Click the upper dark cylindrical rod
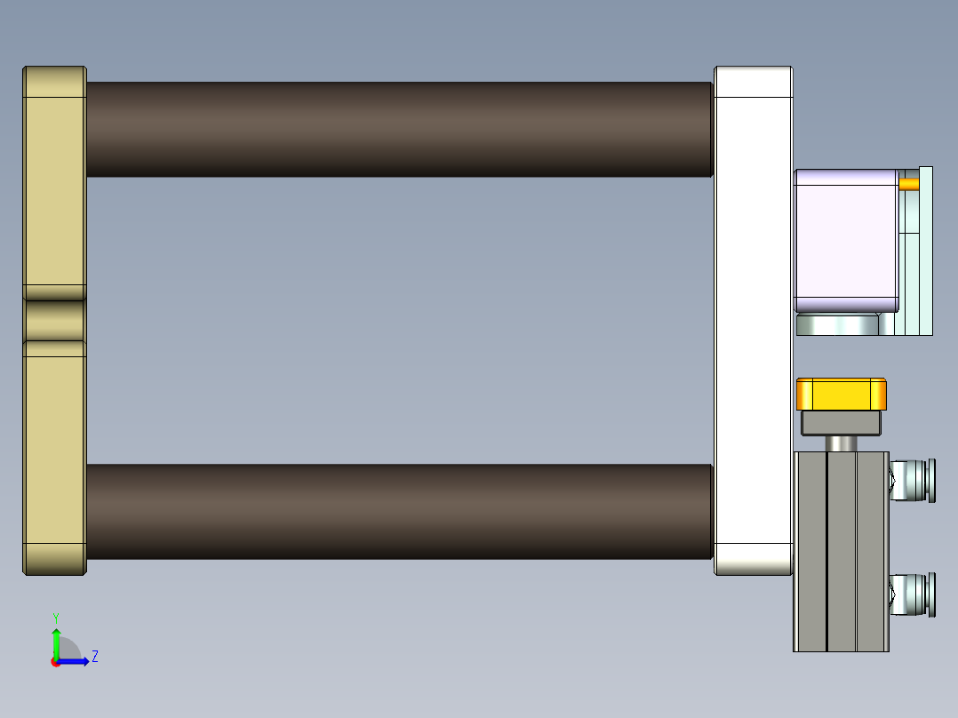coord(400,129)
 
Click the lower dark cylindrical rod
coord(400,511)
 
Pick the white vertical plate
coord(753,320)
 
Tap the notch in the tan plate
coord(54,321)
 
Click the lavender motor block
coord(845,240)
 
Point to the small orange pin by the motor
coord(908,184)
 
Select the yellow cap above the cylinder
coord(841,394)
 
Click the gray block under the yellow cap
coord(841,422)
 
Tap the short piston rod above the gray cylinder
coord(841,443)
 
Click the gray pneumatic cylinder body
coord(840,551)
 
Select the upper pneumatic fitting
coord(914,480)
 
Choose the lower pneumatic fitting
coord(914,594)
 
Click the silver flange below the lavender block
coord(837,324)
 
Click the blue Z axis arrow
coord(76,661)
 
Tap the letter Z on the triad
coord(94,657)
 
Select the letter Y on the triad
coord(56,617)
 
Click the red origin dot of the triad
coord(56,662)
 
